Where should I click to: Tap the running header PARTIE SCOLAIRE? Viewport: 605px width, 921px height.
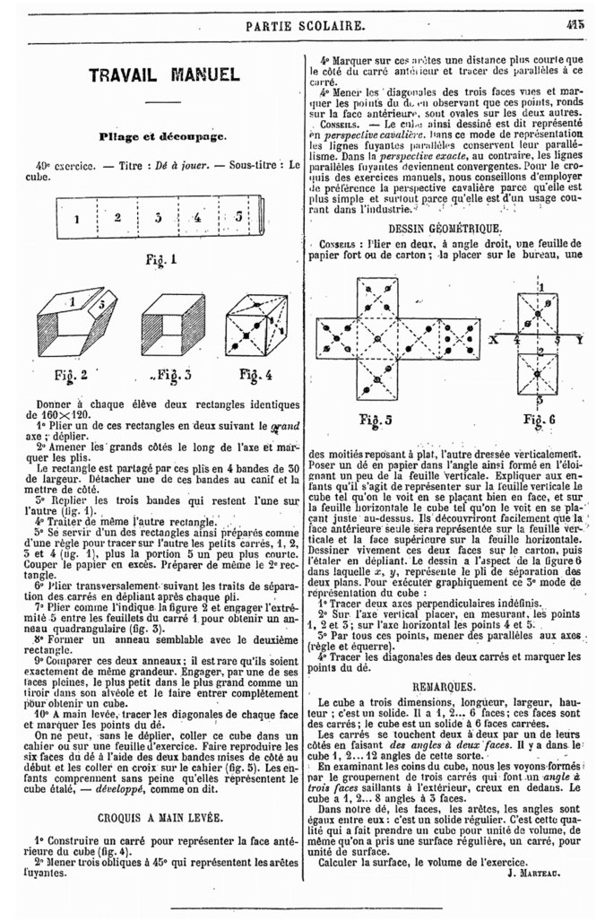pyautogui.click(x=305, y=26)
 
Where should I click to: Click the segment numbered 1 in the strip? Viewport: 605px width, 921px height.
pyautogui.click(x=77, y=219)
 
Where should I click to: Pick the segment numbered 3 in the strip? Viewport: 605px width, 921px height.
pyautogui.click(x=159, y=218)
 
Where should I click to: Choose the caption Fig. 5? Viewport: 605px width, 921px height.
pyautogui.click(x=383, y=419)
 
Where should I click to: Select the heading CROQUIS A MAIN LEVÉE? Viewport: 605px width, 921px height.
pyautogui.click(x=162, y=817)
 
